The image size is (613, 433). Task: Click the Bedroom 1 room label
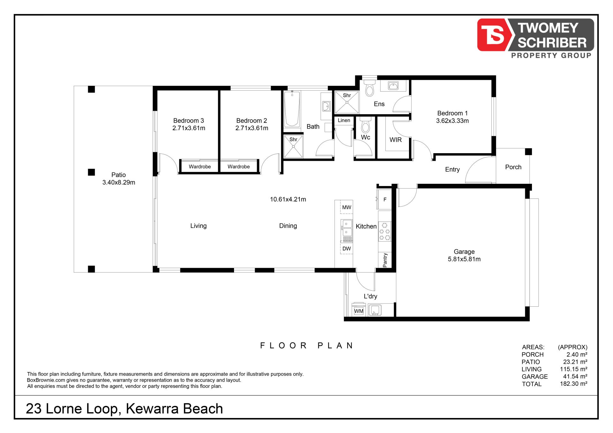[x=452, y=113]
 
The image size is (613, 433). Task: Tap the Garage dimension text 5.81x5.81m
[x=464, y=259]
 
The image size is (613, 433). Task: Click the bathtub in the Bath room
[x=292, y=109]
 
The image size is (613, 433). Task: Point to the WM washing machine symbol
[x=359, y=310]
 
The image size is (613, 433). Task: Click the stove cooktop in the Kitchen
[x=384, y=231]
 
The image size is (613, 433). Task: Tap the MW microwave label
[x=347, y=207]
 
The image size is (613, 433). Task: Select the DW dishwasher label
[x=346, y=249]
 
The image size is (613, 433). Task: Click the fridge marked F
[x=384, y=199]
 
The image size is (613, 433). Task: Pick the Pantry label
[x=385, y=260]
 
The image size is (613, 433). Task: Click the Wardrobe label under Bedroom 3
[x=200, y=167]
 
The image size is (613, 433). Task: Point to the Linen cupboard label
[x=344, y=120]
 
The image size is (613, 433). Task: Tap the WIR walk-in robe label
[x=395, y=140]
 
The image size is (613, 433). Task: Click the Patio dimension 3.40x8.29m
[x=118, y=183]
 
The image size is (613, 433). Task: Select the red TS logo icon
[x=492, y=35]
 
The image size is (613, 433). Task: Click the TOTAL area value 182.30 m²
[x=573, y=384]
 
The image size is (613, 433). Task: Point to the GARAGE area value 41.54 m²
[x=575, y=377]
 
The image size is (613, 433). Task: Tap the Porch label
[x=513, y=167]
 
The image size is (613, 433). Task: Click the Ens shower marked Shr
[x=346, y=102]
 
